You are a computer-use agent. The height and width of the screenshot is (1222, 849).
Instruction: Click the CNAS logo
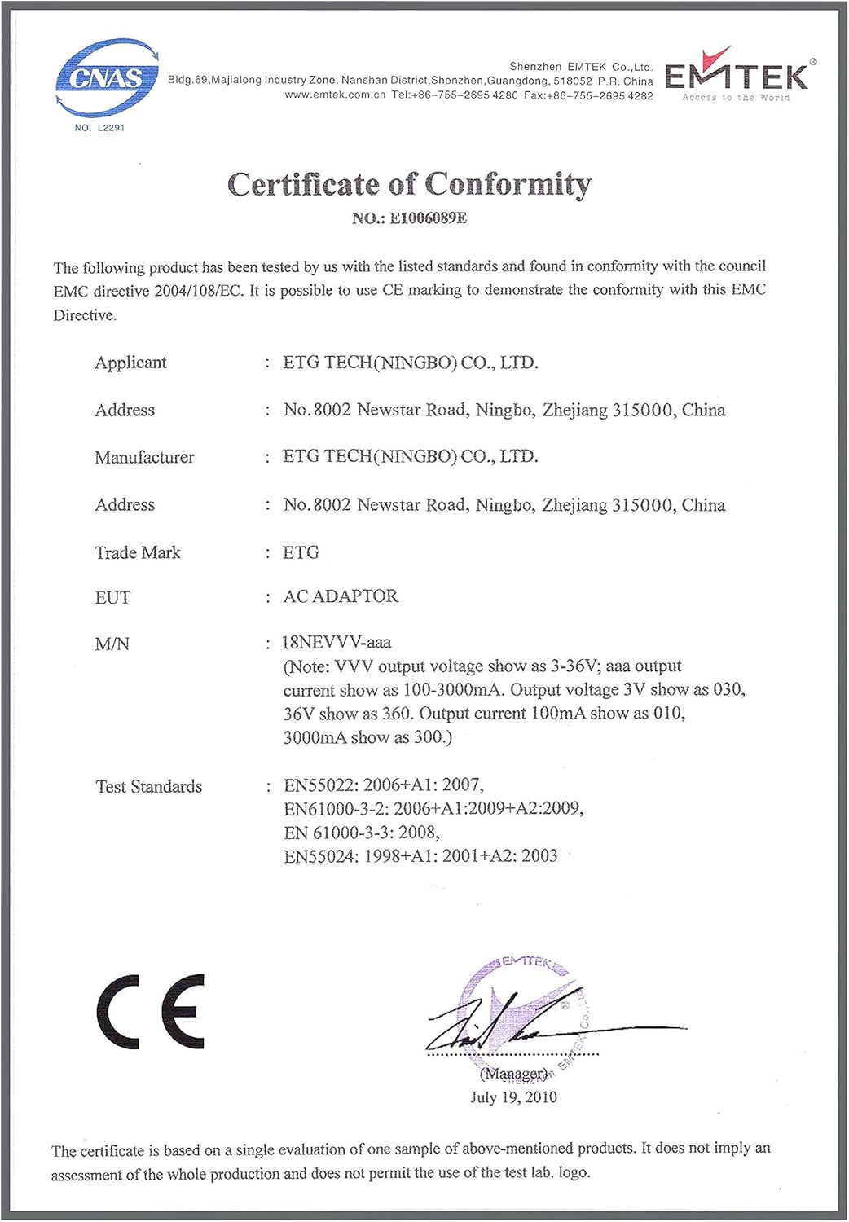click(107, 78)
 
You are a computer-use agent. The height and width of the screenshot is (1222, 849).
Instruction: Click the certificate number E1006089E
click(428, 218)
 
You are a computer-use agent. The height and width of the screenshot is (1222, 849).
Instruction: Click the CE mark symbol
click(151, 1011)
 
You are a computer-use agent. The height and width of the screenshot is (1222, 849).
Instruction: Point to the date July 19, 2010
click(513, 1097)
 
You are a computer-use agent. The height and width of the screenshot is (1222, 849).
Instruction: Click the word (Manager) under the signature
click(513, 1074)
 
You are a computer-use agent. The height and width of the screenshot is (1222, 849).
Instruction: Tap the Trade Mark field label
click(138, 552)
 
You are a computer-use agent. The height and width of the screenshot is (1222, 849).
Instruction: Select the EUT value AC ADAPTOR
click(341, 596)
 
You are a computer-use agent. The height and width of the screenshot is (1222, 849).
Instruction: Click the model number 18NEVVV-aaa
click(336, 642)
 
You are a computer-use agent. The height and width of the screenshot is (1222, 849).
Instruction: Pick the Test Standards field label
click(149, 786)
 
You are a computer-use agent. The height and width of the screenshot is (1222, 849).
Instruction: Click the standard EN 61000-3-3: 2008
click(362, 833)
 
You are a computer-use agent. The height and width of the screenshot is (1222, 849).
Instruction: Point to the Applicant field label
click(130, 363)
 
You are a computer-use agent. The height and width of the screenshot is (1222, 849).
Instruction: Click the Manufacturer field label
click(144, 457)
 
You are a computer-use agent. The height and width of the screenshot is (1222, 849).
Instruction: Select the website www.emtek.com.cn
click(335, 95)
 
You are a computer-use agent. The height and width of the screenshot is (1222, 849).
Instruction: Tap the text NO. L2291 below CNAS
click(99, 128)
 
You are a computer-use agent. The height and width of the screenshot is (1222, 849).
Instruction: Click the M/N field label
click(112, 644)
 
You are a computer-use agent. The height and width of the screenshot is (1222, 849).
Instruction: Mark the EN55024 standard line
click(420, 856)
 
